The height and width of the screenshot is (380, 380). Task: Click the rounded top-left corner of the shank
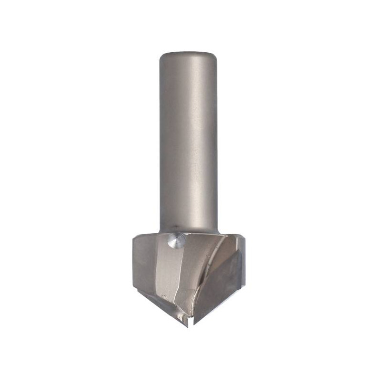point(161,56)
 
